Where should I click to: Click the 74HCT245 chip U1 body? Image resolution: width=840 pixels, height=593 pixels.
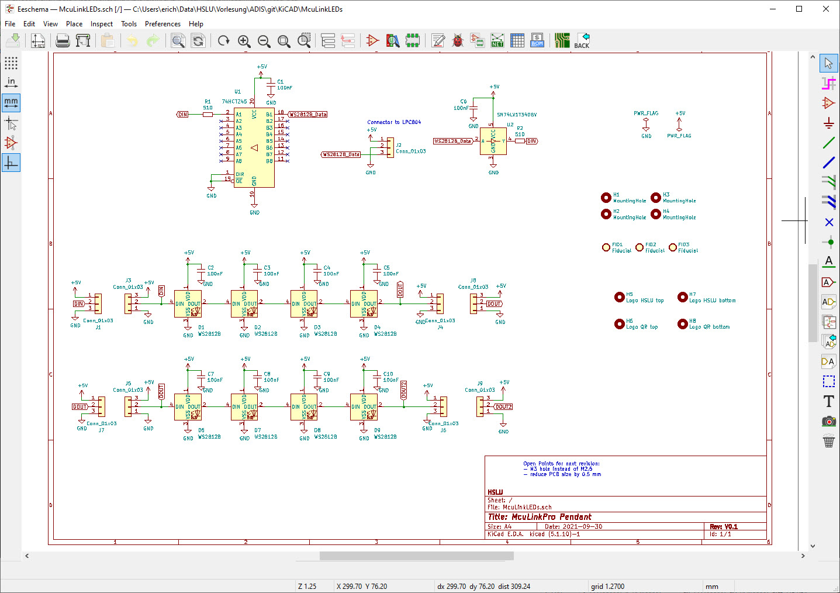254,147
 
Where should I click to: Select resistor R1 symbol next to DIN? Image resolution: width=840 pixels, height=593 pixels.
208,115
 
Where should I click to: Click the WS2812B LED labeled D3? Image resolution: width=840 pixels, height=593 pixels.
303,304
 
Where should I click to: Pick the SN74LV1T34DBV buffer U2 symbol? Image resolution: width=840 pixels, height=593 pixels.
493,141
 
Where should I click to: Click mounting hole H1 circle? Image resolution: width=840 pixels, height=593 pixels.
606,198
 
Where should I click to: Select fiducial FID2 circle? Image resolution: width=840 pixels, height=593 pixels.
639,247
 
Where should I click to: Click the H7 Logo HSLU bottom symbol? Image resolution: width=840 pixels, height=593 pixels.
682,297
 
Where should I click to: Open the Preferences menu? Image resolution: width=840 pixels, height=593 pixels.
163,24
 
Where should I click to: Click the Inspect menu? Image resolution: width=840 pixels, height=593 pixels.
102,24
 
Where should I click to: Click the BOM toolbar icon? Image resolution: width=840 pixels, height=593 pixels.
537,40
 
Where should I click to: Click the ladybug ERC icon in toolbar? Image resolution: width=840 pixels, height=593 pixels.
458,40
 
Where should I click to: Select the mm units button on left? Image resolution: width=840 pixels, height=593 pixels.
11,102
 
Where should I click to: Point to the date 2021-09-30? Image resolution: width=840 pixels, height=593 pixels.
582,526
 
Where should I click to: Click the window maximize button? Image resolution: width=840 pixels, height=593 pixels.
799,9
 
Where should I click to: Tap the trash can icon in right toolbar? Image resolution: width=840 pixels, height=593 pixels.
828,441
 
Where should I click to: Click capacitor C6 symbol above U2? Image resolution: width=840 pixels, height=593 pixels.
474,108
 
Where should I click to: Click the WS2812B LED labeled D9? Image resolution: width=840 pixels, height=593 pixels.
363,406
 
